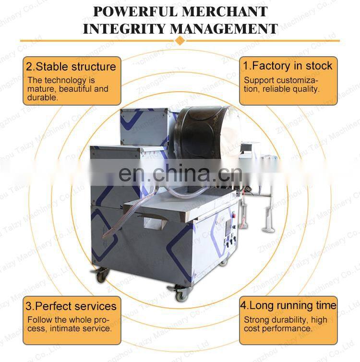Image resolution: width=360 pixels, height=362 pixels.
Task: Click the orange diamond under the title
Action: tap(180, 41)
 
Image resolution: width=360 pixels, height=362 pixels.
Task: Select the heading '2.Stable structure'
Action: tap(71, 67)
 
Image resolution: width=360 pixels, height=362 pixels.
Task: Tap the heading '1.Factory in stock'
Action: tap(288, 66)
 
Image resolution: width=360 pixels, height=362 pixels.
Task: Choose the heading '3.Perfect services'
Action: tap(71, 306)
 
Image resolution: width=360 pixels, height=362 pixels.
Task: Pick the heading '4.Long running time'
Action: tap(288, 305)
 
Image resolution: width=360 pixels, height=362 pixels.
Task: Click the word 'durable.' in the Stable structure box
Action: tap(43, 97)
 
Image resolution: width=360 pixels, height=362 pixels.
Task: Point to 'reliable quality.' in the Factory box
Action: tap(291, 89)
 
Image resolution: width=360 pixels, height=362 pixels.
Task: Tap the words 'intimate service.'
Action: tap(81, 328)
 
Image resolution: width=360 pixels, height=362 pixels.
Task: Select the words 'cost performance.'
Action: tap(278, 328)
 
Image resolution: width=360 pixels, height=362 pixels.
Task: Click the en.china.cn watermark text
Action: tap(180, 173)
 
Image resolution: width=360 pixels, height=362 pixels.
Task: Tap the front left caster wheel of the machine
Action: tap(102, 275)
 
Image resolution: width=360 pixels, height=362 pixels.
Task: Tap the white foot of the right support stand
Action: tap(270, 229)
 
